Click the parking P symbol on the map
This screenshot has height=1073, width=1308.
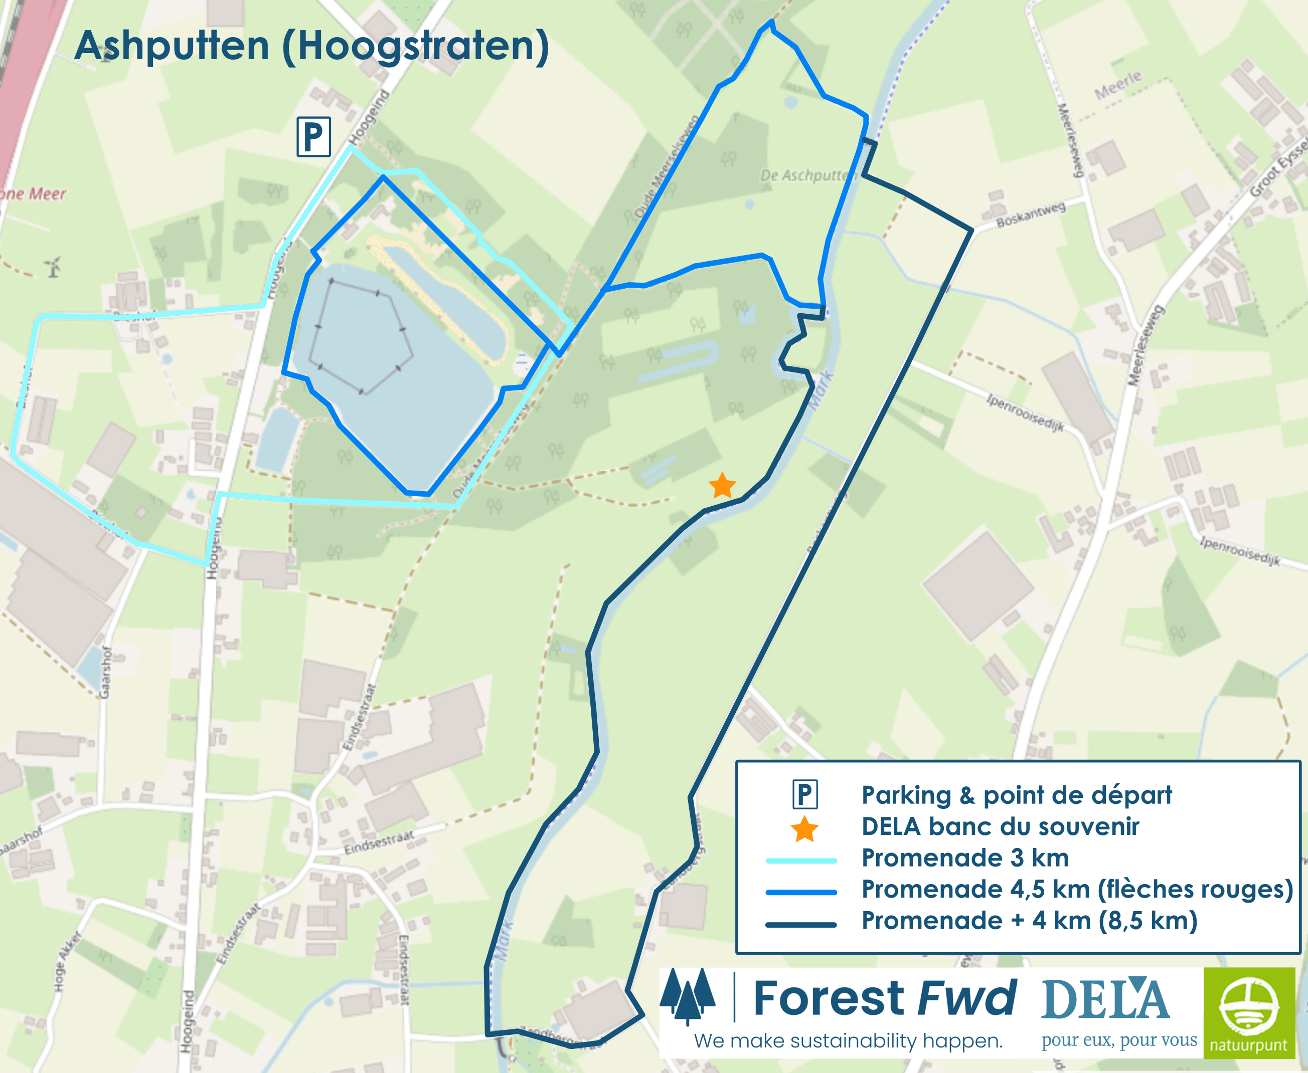[313, 137]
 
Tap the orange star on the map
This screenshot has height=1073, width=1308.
[722, 486]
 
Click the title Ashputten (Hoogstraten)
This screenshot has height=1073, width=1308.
[311, 46]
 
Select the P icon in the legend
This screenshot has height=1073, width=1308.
[804, 795]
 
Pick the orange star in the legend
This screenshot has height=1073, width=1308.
[804, 829]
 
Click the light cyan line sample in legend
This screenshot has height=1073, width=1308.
[801, 861]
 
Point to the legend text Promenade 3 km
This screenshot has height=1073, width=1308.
[965, 858]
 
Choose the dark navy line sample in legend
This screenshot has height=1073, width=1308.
[801, 925]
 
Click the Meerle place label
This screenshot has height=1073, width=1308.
[1117, 86]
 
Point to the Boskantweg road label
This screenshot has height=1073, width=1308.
[1031, 214]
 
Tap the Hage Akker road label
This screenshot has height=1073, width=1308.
[69, 961]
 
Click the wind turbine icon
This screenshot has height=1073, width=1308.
[53, 267]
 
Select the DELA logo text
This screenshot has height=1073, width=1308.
[1106, 999]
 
